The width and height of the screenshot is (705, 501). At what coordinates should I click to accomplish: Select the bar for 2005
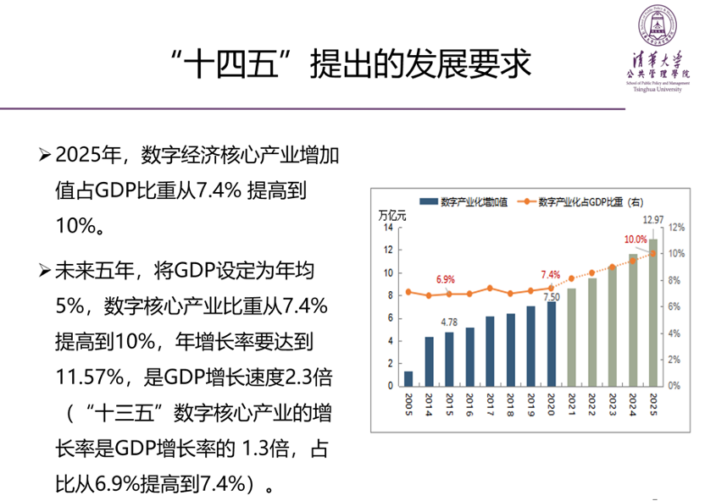coord(408,378)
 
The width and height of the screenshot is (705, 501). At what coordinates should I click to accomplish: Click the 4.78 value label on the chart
coord(449,322)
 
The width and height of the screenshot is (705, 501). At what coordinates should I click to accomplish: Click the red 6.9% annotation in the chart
coord(446,278)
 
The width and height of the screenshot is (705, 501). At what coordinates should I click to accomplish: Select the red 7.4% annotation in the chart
coord(551,274)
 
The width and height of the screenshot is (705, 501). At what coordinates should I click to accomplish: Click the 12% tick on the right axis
coord(675,228)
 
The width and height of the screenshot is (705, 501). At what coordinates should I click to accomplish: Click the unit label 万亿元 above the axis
coord(391,215)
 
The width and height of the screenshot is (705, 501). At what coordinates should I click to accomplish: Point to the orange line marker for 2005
coord(408,292)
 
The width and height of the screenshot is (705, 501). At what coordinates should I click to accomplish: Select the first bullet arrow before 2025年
coord(44,155)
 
